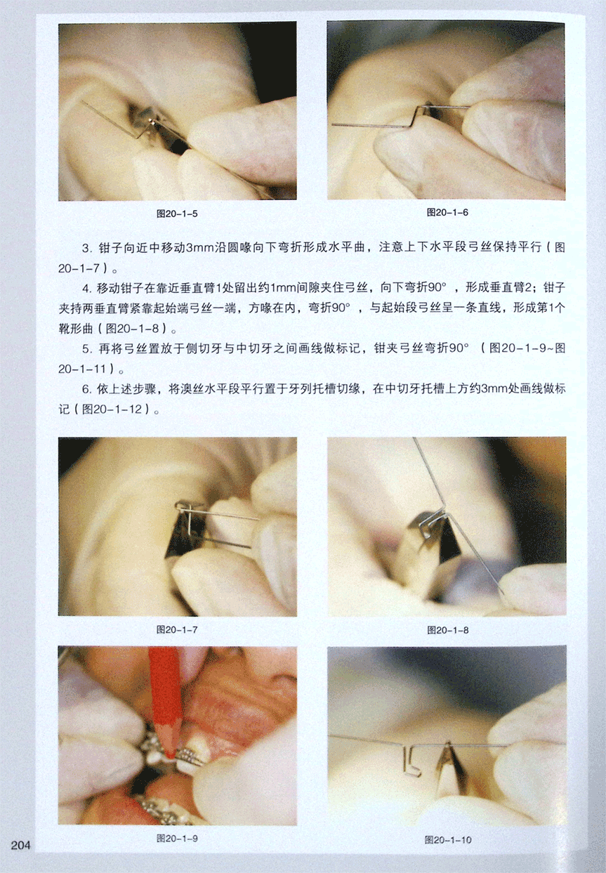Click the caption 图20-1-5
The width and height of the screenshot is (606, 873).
click(177, 214)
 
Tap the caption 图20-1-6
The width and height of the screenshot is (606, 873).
click(447, 212)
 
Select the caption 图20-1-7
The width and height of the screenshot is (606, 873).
click(177, 629)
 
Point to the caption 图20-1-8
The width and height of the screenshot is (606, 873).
click(448, 630)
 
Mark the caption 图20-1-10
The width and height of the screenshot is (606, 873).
click(448, 840)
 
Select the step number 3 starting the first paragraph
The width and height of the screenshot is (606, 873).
click(86, 248)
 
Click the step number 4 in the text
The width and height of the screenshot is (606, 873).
click(86, 289)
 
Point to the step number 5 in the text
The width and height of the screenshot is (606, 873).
click(86, 349)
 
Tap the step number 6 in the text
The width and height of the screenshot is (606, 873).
click(86, 389)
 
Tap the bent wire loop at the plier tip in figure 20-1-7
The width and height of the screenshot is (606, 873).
click(185, 506)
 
